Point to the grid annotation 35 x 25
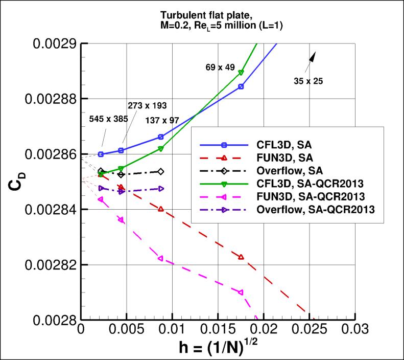click(x=308, y=80)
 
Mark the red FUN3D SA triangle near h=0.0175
click(x=241, y=257)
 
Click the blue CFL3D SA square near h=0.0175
click(x=241, y=86)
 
